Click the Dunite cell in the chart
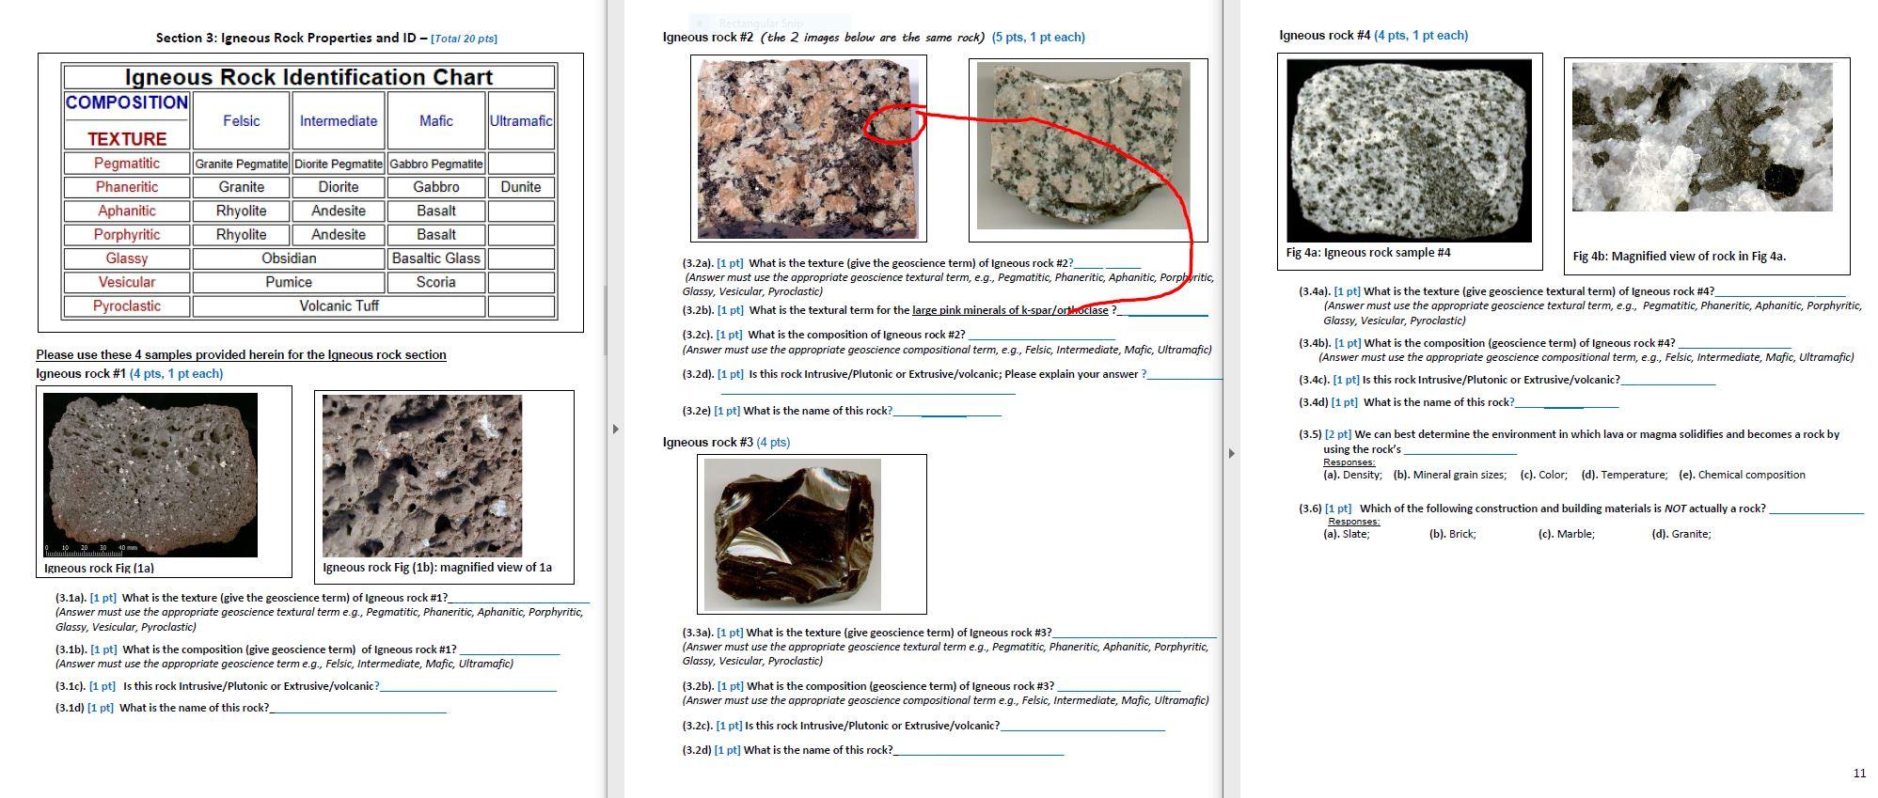click(520, 187)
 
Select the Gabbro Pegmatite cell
click(436, 164)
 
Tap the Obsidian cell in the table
click(289, 258)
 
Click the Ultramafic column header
click(520, 120)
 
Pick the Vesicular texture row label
click(127, 282)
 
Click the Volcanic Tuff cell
click(339, 306)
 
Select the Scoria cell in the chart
click(436, 282)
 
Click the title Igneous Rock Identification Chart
click(308, 77)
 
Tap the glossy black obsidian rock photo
click(793, 534)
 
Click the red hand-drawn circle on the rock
click(891, 124)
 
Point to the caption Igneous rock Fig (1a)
click(99, 568)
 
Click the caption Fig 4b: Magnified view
click(1679, 256)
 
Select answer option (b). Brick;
click(1452, 534)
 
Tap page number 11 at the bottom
click(1858, 773)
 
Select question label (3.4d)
click(1313, 402)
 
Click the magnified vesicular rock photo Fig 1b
click(421, 476)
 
